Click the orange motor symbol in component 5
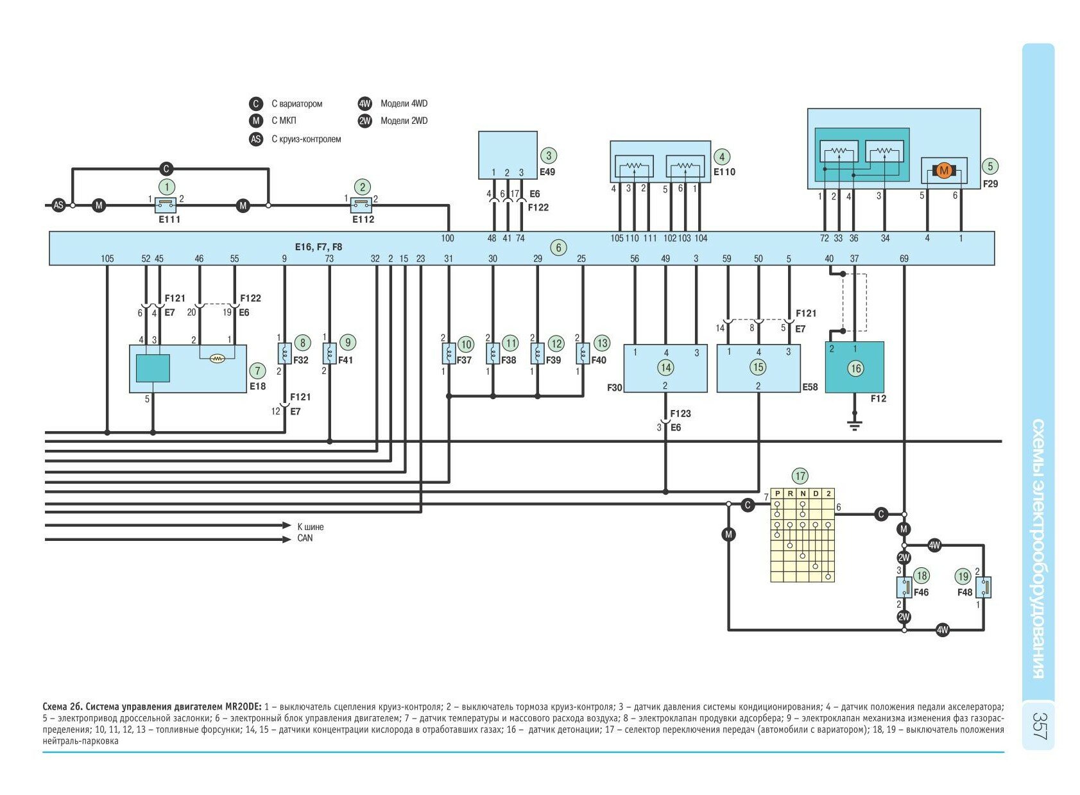[943, 171]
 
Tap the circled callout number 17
[800, 476]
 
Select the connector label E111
[169, 219]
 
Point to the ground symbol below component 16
[854, 424]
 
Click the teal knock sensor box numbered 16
[854, 368]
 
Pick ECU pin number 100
[447, 238]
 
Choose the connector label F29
[990, 184]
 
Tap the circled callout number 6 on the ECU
[558, 248]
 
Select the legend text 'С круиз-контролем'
[306, 139]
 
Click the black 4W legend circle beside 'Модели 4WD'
[365, 104]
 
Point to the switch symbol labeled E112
[362, 205]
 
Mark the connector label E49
[547, 172]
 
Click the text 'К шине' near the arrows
[311, 527]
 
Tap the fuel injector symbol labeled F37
[449, 353]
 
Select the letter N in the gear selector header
[803, 493]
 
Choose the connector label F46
[921, 592]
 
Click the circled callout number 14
[665, 368]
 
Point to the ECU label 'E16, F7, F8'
[318, 246]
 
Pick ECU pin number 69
[904, 259]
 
